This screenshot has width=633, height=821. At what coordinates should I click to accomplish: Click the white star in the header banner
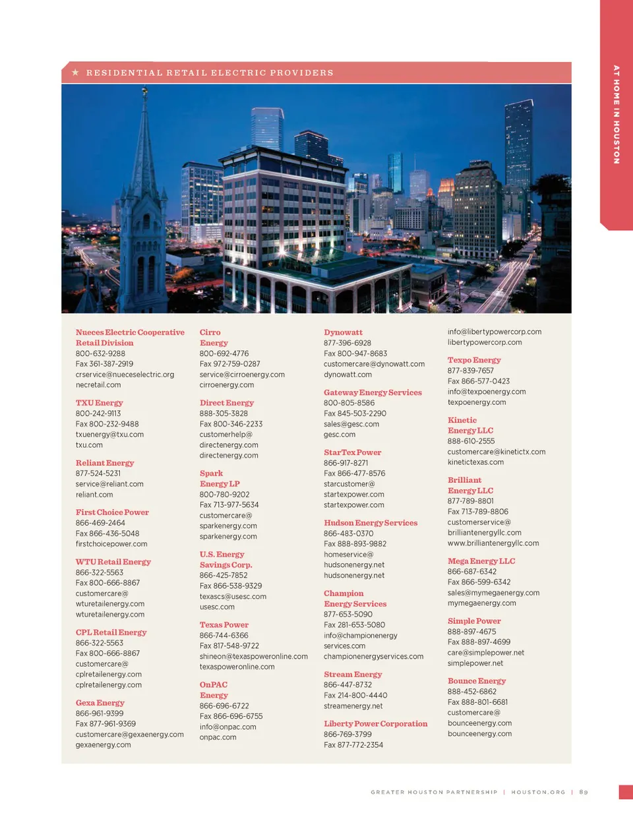tap(76, 73)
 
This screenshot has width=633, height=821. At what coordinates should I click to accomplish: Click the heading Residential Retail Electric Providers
tap(210, 73)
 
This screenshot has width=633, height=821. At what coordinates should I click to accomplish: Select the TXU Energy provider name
tap(99, 403)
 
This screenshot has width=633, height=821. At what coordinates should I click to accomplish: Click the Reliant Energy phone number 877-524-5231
tap(98, 473)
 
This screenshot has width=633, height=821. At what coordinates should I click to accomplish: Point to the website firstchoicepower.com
tap(111, 544)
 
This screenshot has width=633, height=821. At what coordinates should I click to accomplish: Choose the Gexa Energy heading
tap(100, 703)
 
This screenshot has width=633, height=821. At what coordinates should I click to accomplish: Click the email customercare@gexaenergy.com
tap(129, 735)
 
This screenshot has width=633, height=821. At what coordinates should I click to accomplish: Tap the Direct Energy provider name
tap(226, 403)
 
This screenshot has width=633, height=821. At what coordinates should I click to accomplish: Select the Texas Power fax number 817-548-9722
tap(229, 646)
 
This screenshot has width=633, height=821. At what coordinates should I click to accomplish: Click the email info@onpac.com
tap(227, 727)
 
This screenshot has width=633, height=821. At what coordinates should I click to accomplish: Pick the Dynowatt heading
tap(343, 332)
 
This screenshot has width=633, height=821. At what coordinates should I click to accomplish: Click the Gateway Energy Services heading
tap(373, 392)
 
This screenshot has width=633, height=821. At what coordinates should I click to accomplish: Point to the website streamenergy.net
tap(353, 706)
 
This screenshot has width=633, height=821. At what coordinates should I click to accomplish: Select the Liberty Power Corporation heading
tap(375, 724)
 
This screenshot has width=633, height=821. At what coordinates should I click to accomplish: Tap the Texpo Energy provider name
tap(474, 360)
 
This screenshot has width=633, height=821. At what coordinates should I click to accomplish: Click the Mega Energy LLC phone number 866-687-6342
tap(472, 572)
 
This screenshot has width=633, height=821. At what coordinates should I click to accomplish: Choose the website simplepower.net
tap(475, 663)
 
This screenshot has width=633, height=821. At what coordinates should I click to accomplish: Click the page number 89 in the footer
tap(584, 792)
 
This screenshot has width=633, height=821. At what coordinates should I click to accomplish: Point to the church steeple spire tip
tap(145, 88)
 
